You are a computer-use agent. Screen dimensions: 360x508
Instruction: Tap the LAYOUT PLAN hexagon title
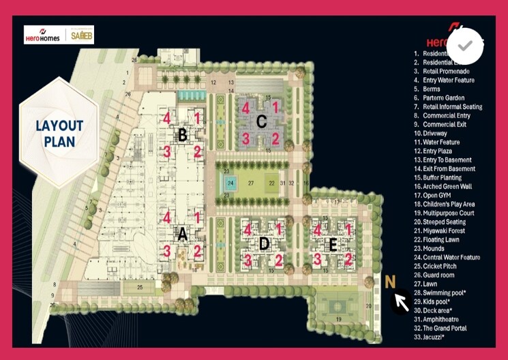click(x=59, y=134)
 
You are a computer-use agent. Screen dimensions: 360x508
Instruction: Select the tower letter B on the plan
click(x=182, y=135)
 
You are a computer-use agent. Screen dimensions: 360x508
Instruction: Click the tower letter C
click(x=260, y=122)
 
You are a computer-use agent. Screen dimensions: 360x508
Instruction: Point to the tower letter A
click(x=182, y=235)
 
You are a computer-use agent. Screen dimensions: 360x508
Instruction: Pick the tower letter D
click(x=264, y=243)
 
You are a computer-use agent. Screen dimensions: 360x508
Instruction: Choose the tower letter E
click(x=333, y=245)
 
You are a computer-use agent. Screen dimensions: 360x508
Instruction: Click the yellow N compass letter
click(x=390, y=282)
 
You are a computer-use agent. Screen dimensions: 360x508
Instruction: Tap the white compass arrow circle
click(x=401, y=301)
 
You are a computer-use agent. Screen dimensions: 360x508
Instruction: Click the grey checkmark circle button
click(x=466, y=46)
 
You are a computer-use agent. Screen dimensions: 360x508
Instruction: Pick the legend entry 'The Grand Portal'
click(x=449, y=328)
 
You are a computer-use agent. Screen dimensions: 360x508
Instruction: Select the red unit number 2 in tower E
click(x=348, y=259)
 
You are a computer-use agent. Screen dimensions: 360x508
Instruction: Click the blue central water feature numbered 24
click(x=230, y=183)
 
